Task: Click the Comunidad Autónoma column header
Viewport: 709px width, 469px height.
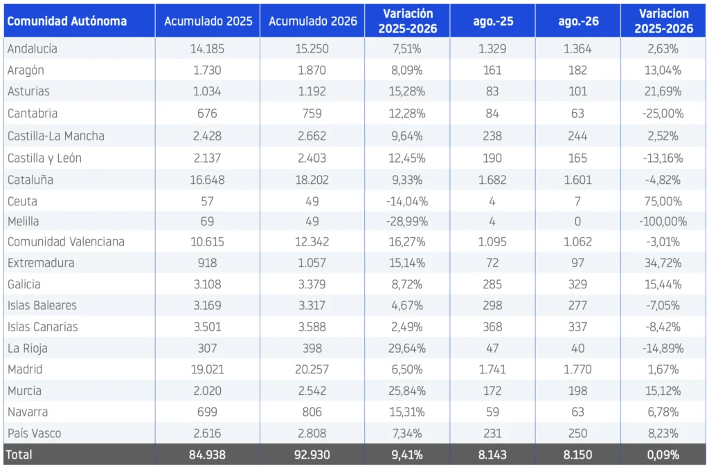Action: click(x=67, y=21)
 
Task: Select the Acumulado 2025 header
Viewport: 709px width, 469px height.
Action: click(x=208, y=21)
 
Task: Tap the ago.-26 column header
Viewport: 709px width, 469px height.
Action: click(x=578, y=21)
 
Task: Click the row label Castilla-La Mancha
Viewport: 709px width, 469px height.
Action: click(x=55, y=136)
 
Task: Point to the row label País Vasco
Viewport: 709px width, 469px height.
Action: click(x=35, y=433)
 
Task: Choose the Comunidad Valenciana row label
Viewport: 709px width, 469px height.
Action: click(x=66, y=241)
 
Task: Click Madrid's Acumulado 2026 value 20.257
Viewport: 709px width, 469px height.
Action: click(x=312, y=369)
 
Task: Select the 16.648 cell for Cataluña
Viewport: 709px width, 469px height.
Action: click(x=207, y=180)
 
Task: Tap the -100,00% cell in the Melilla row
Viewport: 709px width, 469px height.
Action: click(x=663, y=221)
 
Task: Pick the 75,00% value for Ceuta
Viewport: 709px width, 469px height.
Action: click(x=663, y=201)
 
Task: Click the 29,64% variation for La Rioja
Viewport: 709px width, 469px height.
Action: click(x=407, y=349)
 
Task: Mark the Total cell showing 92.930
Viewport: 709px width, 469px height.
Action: click(x=312, y=454)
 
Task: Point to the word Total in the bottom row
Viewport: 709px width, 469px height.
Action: click(x=19, y=454)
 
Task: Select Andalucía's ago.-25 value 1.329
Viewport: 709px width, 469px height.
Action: click(x=492, y=49)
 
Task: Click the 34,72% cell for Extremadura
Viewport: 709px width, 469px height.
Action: click(x=663, y=263)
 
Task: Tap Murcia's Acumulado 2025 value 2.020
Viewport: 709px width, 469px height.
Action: click(x=207, y=391)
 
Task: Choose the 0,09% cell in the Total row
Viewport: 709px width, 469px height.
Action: click(x=663, y=454)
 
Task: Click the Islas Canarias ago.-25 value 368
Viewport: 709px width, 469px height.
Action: click(x=492, y=327)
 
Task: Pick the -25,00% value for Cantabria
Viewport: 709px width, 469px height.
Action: click(x=663, y=113)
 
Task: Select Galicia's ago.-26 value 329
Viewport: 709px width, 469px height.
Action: click(x=578, y=284)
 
